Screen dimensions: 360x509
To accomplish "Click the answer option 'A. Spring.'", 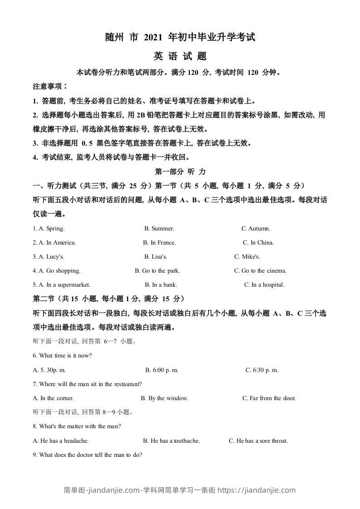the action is (49, 229).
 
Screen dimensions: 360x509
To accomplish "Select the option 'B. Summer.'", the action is (159, 229).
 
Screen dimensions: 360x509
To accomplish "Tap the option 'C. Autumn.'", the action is (256, 229).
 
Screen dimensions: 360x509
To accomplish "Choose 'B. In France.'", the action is (159, 243).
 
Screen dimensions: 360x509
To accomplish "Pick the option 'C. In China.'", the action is (258, 243).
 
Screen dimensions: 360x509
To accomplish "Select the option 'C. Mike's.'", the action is (247, 257).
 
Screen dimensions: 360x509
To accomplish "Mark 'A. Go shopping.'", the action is (57, 271).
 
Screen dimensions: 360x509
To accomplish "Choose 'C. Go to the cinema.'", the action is (260, 271).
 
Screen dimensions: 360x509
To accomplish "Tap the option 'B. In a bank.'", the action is (161, 285).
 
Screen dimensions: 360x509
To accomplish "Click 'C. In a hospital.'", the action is (264, 285).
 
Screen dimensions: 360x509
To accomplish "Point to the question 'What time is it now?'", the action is (63, 356).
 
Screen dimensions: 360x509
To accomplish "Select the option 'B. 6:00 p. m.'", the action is (162, 370).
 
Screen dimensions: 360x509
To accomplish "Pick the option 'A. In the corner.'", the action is (54, 398).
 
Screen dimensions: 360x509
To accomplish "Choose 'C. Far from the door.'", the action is (269, 398).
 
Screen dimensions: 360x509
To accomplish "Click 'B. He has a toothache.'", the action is (171, 440).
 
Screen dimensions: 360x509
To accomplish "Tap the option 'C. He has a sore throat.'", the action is (258, 440).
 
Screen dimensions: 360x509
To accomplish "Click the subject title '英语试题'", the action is (180, 56).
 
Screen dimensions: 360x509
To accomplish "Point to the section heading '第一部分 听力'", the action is (180, 172).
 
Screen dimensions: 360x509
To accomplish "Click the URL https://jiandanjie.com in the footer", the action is (258, 490).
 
